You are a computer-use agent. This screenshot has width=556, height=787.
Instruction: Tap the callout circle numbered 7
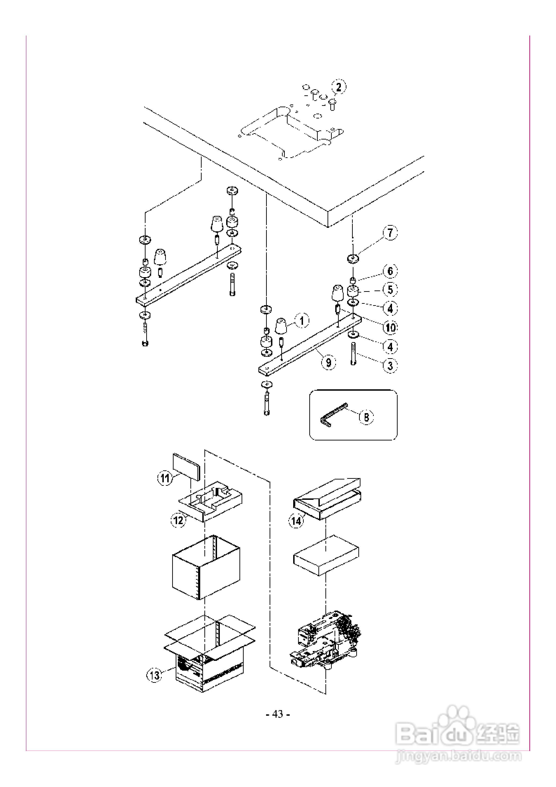[x=390, y=233]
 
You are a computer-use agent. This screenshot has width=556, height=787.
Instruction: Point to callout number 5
[x=390, y=290]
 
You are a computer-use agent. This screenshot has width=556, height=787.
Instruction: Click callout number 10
[x=390, y=328]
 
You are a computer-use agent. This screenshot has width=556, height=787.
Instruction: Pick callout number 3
[x=390, y=365]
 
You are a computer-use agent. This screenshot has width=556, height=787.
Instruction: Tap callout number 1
[x=302, y=321]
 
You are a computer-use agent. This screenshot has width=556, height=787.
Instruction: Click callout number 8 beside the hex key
[x=366, y=417]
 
